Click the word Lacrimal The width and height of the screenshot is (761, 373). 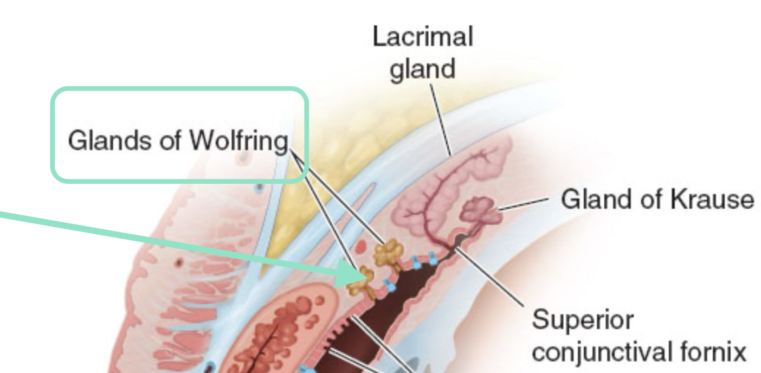coord(423,37)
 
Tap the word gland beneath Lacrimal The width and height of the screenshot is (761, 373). coord(423,69)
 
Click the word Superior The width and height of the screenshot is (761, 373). coord(582,320)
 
